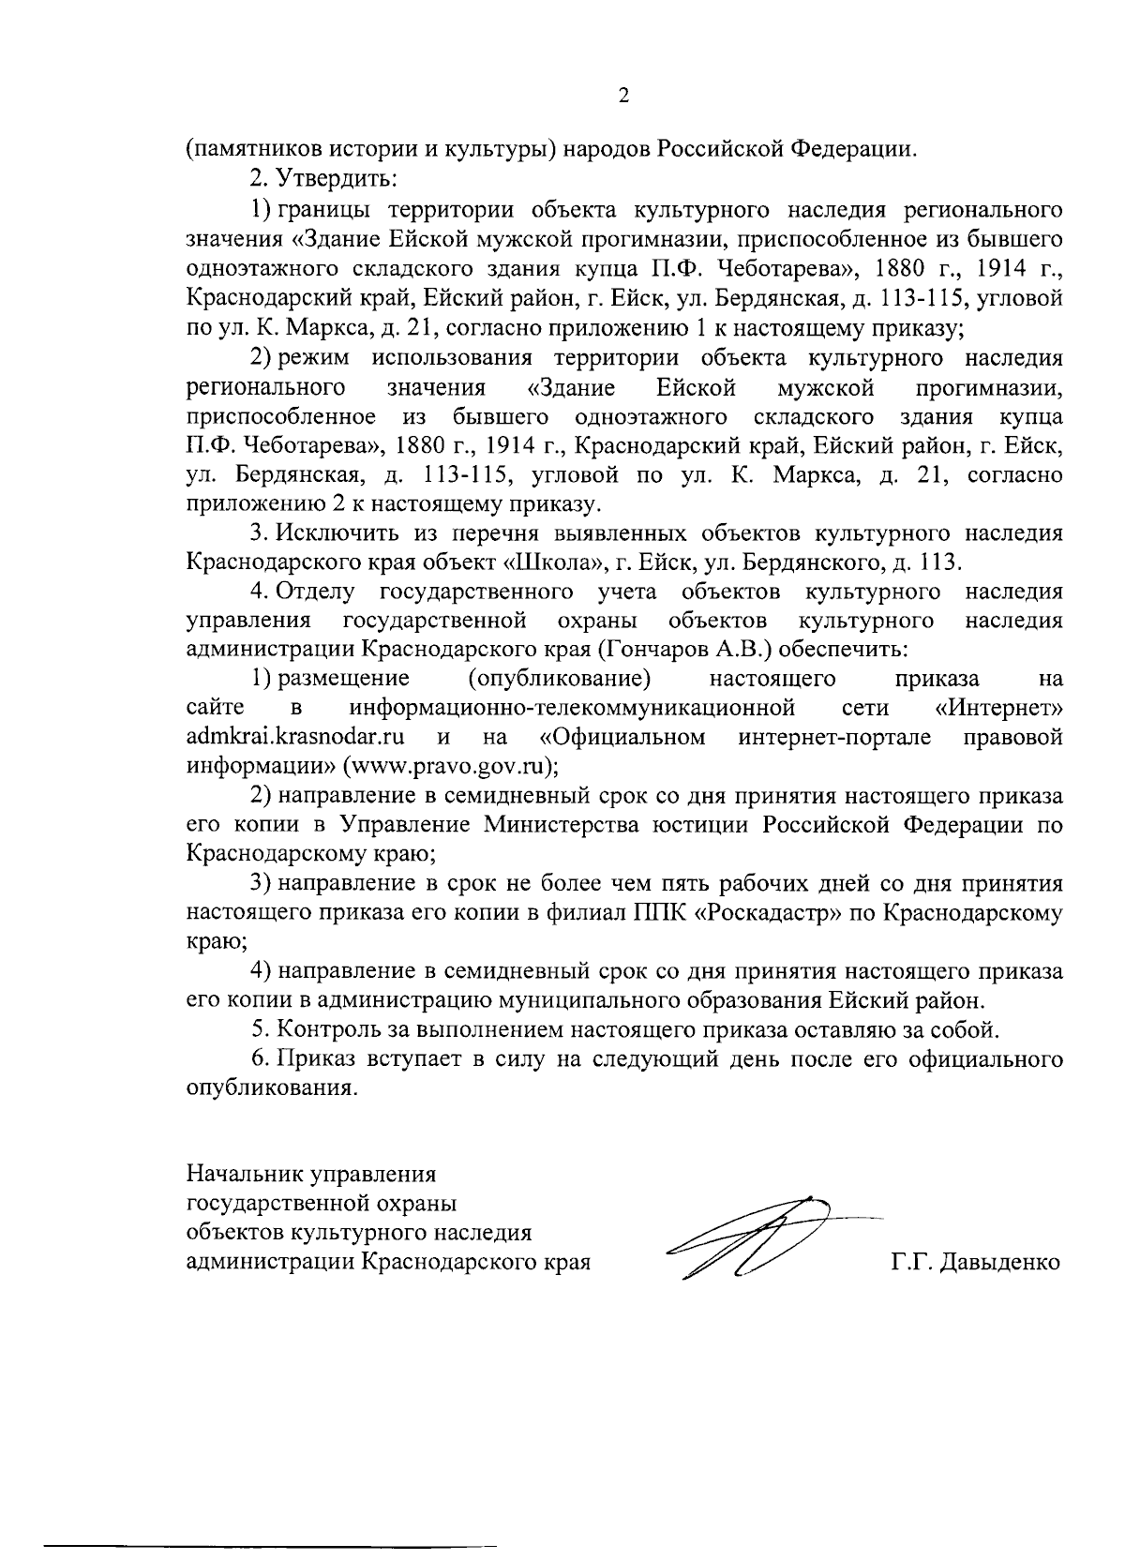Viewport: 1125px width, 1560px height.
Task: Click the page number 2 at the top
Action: click(624, 96)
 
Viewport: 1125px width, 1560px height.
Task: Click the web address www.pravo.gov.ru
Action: click(448, 766)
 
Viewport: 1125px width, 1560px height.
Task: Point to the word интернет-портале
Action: click(834, 737)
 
